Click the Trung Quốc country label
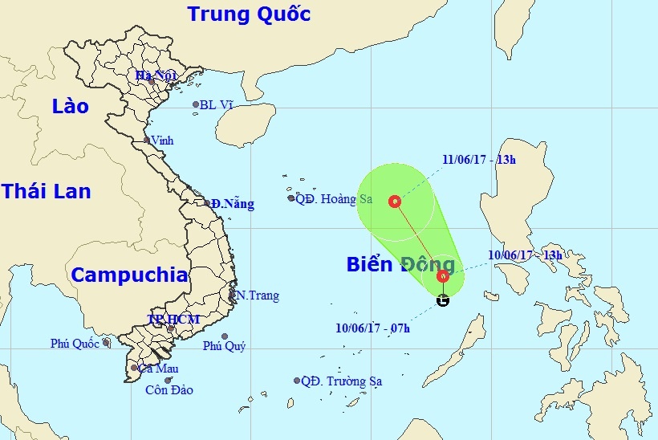(x=248, y=14)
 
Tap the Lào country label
(x=69, y=106)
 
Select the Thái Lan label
(x=46, y=191)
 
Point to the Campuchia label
(x=129, y=275)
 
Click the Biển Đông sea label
(x=400, y=265)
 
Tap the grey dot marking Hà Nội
(x=151, y=81)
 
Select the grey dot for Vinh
(x=146, y=141)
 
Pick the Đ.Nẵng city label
(x=234, y=204)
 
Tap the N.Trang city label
(x=257, y=295)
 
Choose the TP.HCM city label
(x=172, y=320)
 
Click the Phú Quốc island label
(x=75, y=344)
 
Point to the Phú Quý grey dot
(x=225, y=336)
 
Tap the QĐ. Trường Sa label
(x=342, y=381)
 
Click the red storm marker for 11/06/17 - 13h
(x=395, y=202)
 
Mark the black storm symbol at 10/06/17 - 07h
(x=443, y=301)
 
